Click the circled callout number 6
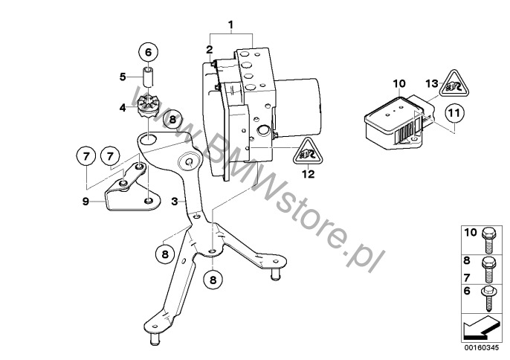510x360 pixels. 148,52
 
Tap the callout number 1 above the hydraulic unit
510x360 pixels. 230,25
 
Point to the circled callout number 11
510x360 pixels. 455,114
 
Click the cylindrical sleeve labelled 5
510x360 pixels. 149,77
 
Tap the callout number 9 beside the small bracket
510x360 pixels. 85,202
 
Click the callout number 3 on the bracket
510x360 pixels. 175,202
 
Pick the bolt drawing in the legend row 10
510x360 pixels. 489,240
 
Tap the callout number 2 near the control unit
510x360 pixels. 209,50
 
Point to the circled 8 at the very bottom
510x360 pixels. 213,280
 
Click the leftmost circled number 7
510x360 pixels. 86,157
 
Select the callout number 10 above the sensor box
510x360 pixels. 399,83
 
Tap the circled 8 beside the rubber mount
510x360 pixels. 172,120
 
